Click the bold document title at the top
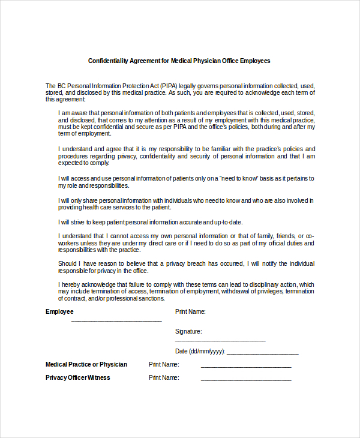pyautogui.click(x=179, y=61)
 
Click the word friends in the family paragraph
pyautogui.click(x=288, y=236)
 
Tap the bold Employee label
pyautogui.click(x=59, y=311)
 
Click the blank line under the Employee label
pyautogui.click(x=116, y=321)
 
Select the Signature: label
pyautogui.click(x=188, y=331)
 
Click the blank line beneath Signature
pyautogui.click(x=220, y=340)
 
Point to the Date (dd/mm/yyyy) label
pyautogui.click(x=200, y=352)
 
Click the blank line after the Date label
pyautogui.click(x=262, y=354)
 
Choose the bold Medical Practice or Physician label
pyautogui.click(x=86, y=364)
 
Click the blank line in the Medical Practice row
pyautogui.click(x=246, y=367)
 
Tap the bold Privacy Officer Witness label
pyautogui.click(x=78, y=377)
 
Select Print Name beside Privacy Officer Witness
pyautogui.click(x=164, y=377)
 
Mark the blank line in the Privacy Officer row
pyautogui.click(x=246, y=380)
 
